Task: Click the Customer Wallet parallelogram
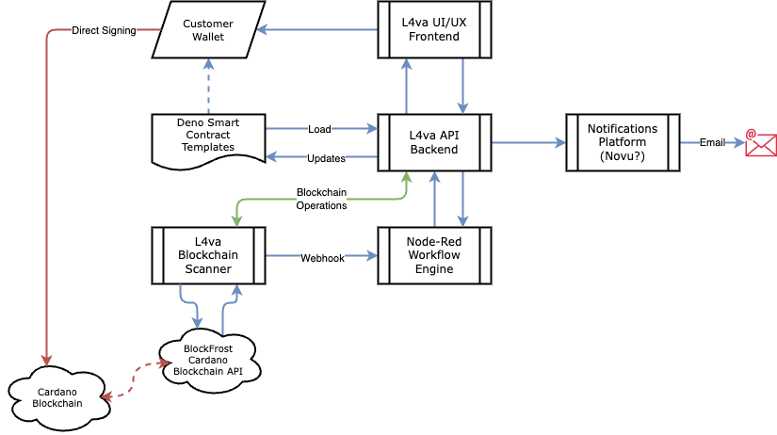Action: [x=208, y=30]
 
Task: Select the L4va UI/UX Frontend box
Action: [x=434, y=30]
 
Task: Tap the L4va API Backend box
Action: [x=434, y=143]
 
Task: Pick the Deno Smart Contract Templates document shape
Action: [x=208, y=141]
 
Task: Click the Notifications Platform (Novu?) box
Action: [x=623, y=143]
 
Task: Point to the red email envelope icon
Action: [x=761, y=143]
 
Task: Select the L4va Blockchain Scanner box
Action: [x=208, y=256]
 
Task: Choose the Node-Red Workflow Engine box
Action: [x=434, y=256]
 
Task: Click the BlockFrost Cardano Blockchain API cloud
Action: [x=209, y=361]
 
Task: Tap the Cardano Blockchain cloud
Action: [x=58, y=398]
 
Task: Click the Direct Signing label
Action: [x=104, y=30]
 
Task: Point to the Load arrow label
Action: [x=319, y=129]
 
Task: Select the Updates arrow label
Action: [x=326, y=158]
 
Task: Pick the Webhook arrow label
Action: [x=322, y=258]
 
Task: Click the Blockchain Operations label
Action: [x=321, y=199]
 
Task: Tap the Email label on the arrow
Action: [x=712, y=143]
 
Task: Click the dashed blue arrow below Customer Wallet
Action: [x=209, y=87]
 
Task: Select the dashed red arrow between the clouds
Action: [x=134, y=379]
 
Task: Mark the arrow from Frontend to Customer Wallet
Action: [x=317, y=30]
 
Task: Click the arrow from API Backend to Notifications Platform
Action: [x=528, y=143]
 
